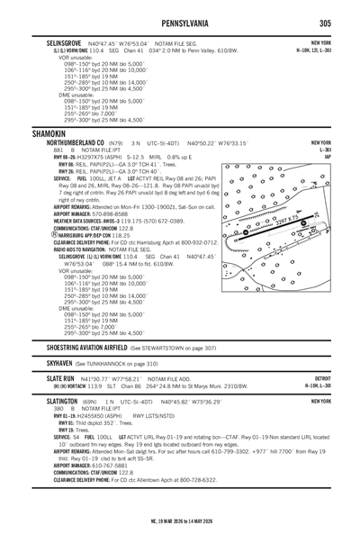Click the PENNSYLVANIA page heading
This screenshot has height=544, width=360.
pyautogui.click(x=180, y=19)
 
